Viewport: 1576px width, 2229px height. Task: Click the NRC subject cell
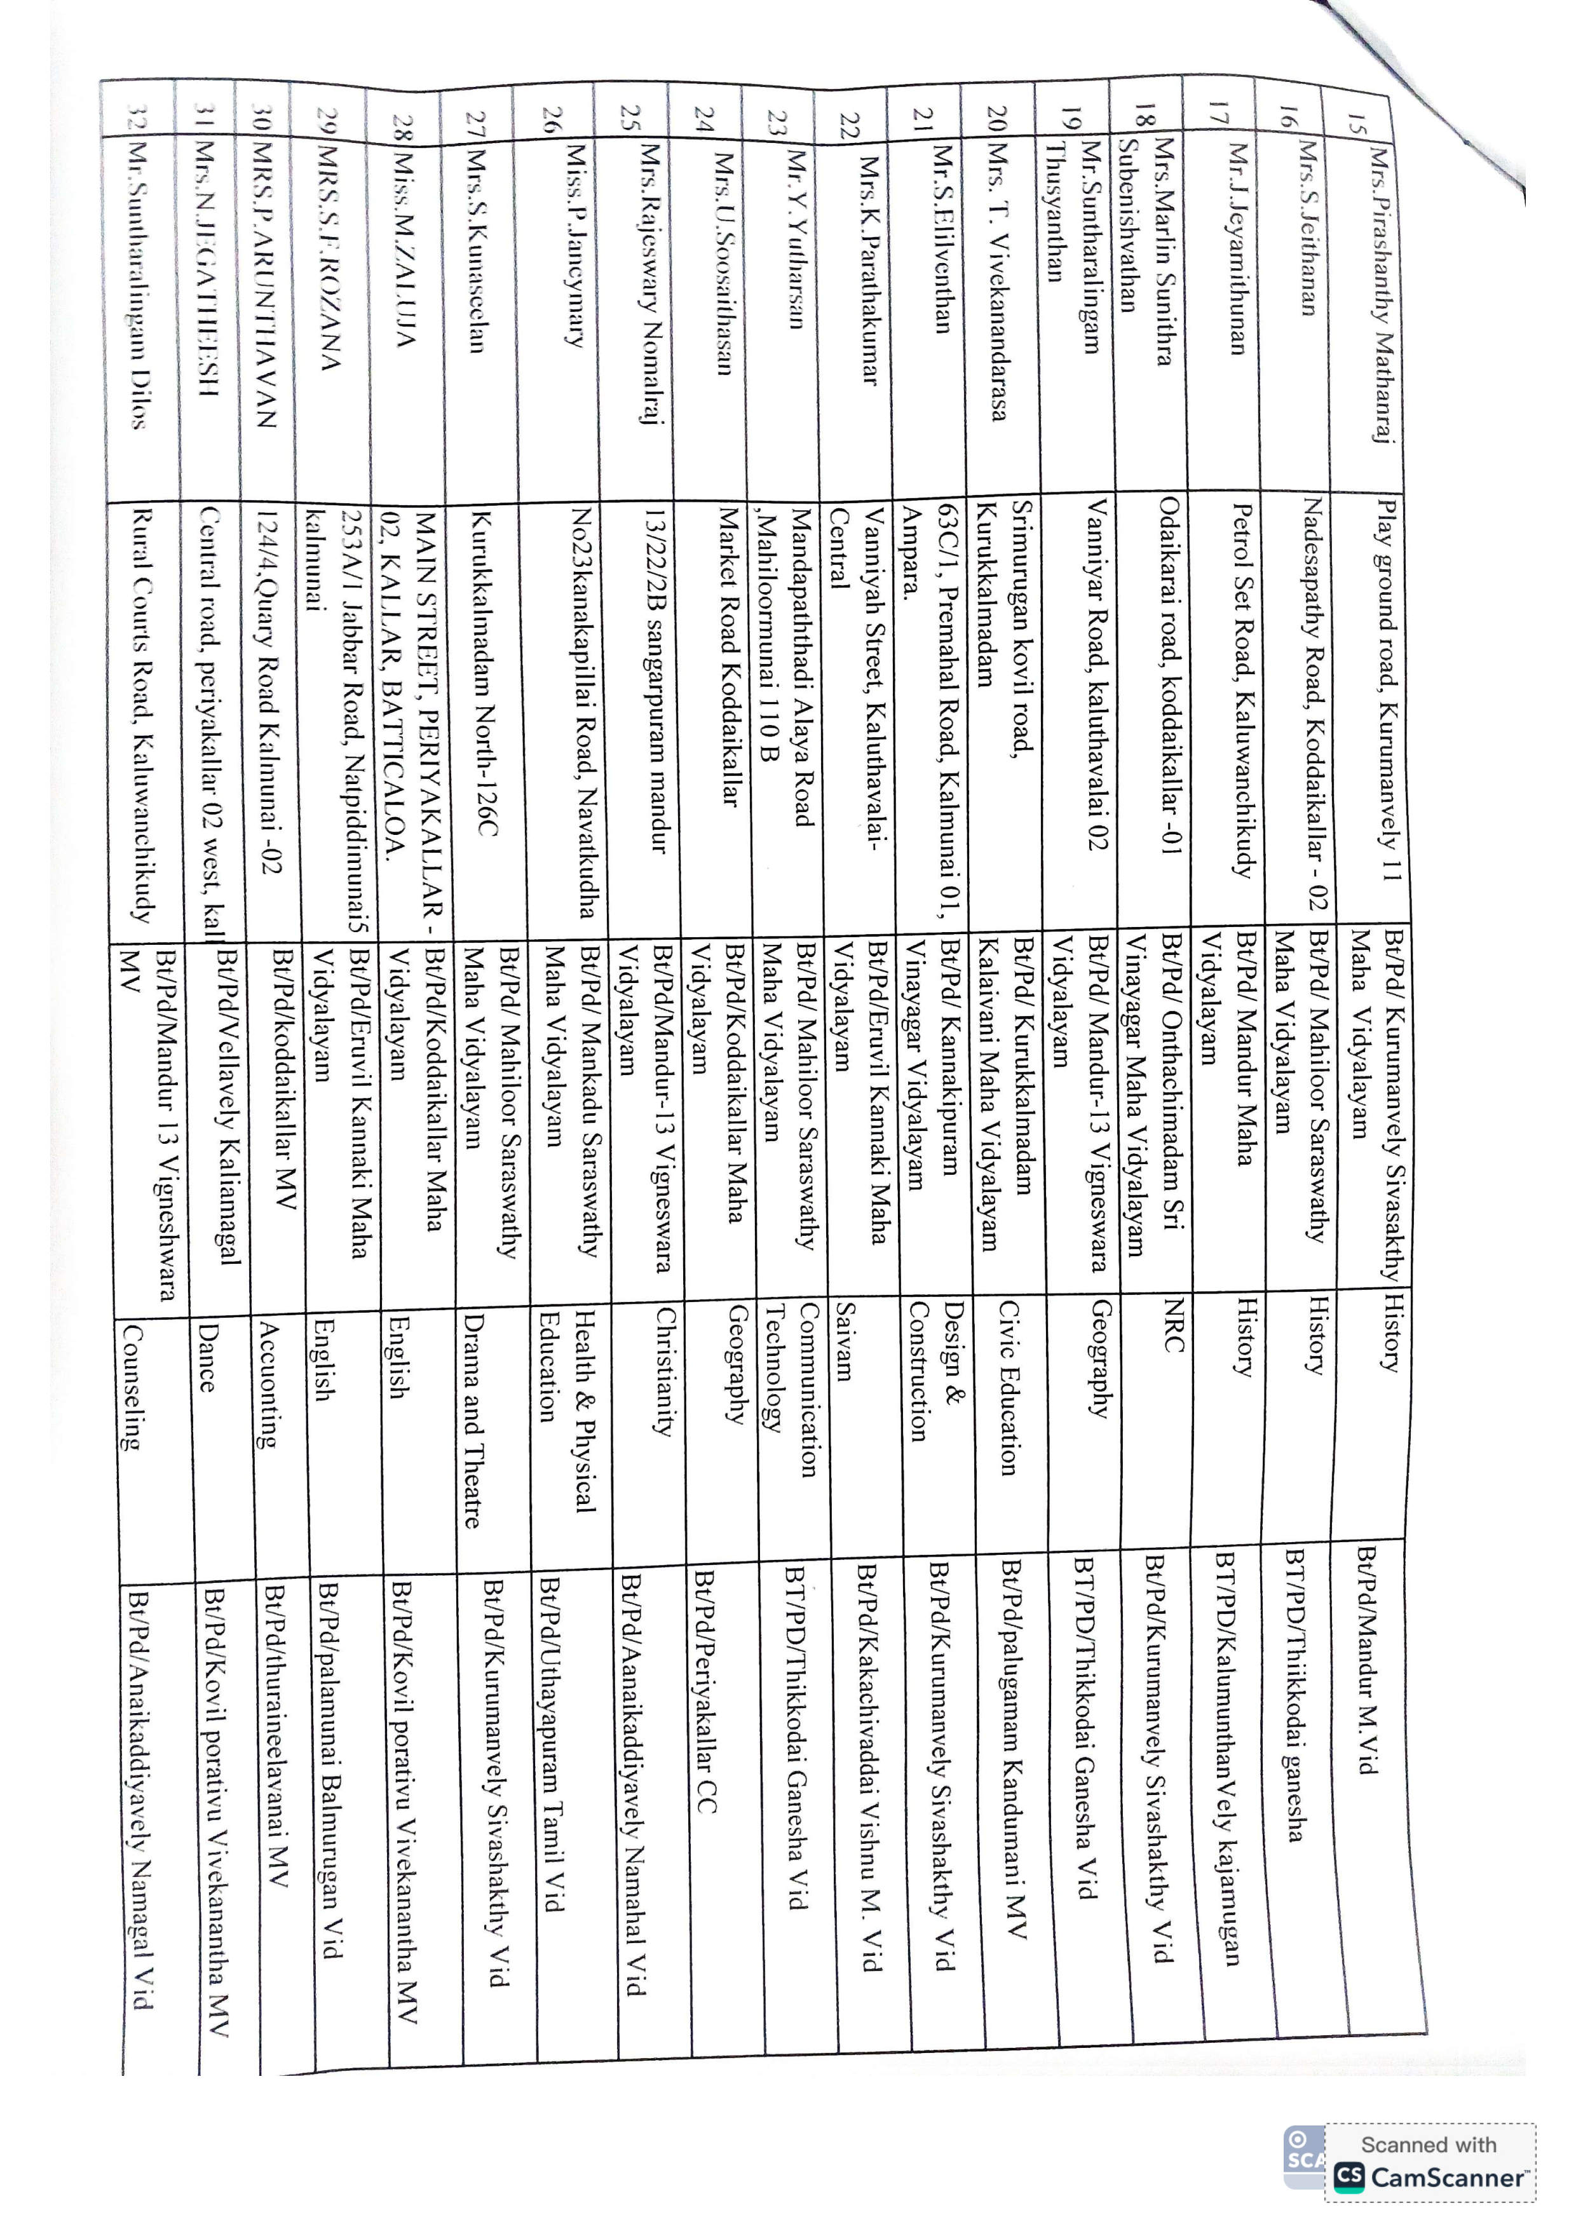(x=1173, y=1325)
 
